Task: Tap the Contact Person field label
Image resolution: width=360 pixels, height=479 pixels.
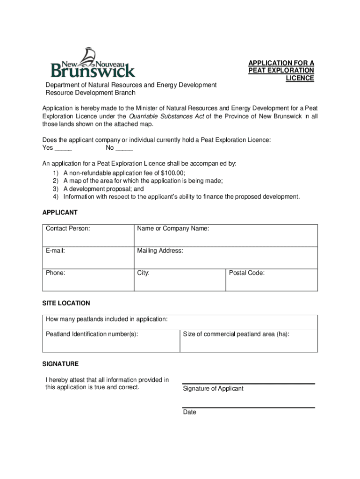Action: (x=68, y=229)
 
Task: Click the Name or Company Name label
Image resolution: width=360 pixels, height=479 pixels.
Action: (x=173, y=229)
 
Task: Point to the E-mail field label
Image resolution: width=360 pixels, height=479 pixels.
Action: (x=55, y=251)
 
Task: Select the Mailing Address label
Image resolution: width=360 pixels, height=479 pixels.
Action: (x=160, y=251)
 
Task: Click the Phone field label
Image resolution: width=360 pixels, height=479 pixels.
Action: (x=55, y=273)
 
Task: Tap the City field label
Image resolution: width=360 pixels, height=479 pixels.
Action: (x=143, y=273)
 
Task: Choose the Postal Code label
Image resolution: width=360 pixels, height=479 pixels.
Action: (x=246, y=273)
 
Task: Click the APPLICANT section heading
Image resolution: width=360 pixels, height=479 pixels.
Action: (x=60, y=212)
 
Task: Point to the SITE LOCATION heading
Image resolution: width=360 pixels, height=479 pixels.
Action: (x=66, y=303)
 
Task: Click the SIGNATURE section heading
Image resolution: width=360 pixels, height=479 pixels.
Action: (x=60, y=363)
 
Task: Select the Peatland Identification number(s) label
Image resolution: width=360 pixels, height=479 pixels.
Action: (x=92, y=334)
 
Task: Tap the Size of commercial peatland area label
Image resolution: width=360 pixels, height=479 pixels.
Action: (x=236, y=334)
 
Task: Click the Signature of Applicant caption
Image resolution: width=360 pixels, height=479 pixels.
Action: (x=213, y=389)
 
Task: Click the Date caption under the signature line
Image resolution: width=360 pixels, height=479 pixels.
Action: (x=189, y=412)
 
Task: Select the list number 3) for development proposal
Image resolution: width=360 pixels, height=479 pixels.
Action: (x=55, y=189)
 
